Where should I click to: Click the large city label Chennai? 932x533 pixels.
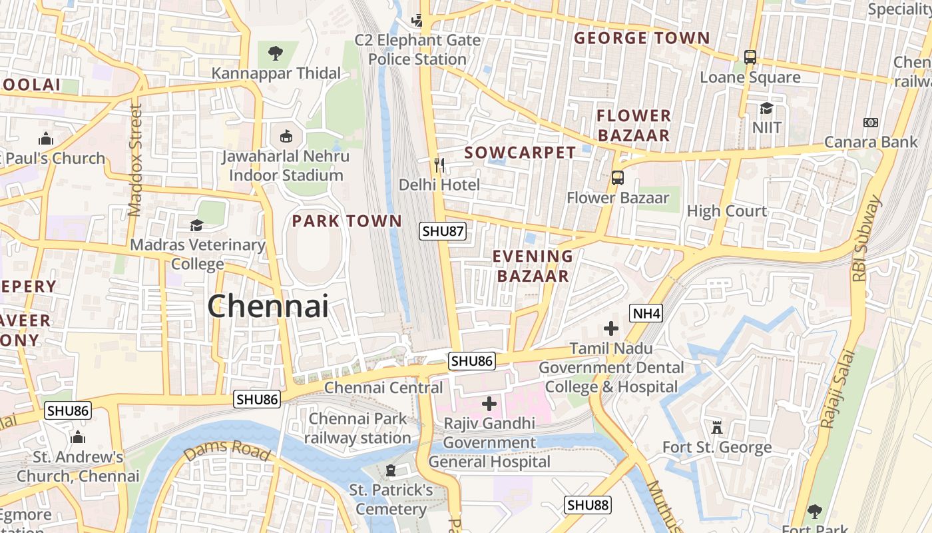[x=268, y=306]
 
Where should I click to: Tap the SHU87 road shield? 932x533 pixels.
[x=443, y=232]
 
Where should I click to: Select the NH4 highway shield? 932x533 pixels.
[x=646, y=312]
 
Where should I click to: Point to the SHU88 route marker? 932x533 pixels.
[x=588, y=505]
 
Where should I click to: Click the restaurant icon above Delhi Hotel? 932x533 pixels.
[x=439, y=164]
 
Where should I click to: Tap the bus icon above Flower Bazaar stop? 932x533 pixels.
[x=618, y=178]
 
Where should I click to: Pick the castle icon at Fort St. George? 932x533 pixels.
[x=717, y=427]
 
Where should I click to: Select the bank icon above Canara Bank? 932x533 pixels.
[x=870, y=123]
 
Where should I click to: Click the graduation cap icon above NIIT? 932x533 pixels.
[x=766, y=108]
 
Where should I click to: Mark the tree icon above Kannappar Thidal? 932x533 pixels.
[x=275, y=53]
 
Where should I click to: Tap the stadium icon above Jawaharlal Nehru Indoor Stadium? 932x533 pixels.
[x=286, y=137]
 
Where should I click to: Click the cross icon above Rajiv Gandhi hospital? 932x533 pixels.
[x=489, y=404]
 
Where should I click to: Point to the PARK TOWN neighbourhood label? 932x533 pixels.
[x=347, y=221]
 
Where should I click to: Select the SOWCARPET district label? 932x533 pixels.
[x=520, y=153]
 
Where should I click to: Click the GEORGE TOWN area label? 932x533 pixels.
[x=642, y=38]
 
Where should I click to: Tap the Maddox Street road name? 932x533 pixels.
[x=135, y=160]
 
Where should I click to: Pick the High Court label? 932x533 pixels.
[x=727, y=211]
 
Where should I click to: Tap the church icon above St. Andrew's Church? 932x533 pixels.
[x=78, y=438]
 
